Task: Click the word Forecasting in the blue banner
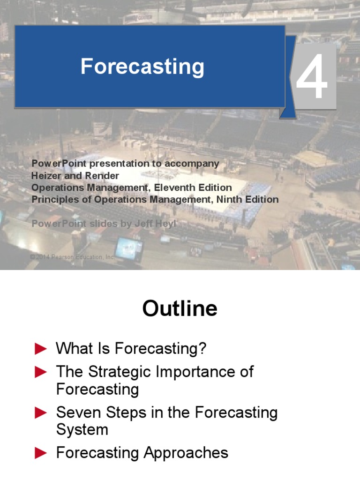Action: pyautogui.click(x=142, y=67)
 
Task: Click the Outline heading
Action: pyautogui.click(x=180, y=309)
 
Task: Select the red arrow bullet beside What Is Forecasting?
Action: pyautogui.click(x=41, y=349)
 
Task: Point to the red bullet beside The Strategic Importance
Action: pyautogui.click(x=41, y=372)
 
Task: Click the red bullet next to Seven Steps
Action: pyautogui.click(x=41, y=413)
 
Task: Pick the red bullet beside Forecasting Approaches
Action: pyautogui.click(x=41, y=453)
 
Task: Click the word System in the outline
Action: pyautogui.click(x=82, y=430)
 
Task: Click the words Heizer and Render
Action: pyautogui.click(x=75, y=176)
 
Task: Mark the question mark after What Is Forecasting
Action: pyautogui.click(x=202, y=349)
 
